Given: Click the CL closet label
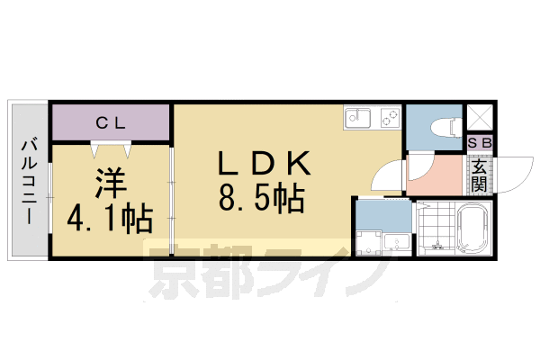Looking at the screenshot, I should coord(110,122).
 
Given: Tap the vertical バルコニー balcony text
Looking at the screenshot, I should coord(29,180).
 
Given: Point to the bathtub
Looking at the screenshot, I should coord(473,229).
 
